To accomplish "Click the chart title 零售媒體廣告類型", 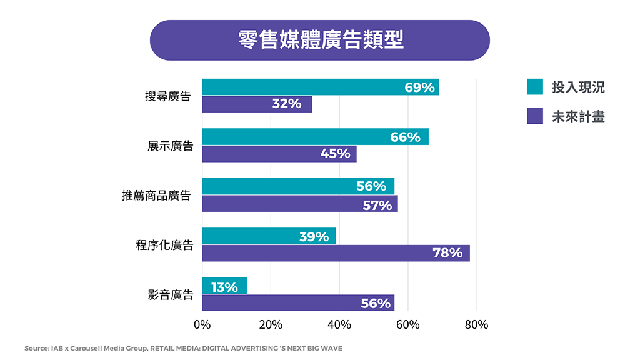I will click(320, 40).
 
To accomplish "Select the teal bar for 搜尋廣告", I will click(320, 87).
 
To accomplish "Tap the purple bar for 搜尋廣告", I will click(256, 104).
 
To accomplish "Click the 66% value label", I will click(405, 137).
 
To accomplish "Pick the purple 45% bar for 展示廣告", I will click(279, 154).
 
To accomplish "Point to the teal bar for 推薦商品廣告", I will click(297, 186).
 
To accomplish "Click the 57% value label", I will click(377, 204).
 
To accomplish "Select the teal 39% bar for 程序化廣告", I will click(269, 236).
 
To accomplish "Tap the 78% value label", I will click(447, 253).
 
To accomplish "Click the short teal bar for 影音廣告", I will click(224, 286).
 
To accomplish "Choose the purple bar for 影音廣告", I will click(297, 303).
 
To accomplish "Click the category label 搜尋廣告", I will click(167, 96).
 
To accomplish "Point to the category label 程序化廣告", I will click(164, 246).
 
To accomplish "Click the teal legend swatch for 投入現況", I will click(534, 87).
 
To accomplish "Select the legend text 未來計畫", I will click(578, 116).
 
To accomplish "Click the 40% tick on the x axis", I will click(339, 325).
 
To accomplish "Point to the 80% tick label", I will click(476, 325).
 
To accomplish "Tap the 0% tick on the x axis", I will click(202, 325).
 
